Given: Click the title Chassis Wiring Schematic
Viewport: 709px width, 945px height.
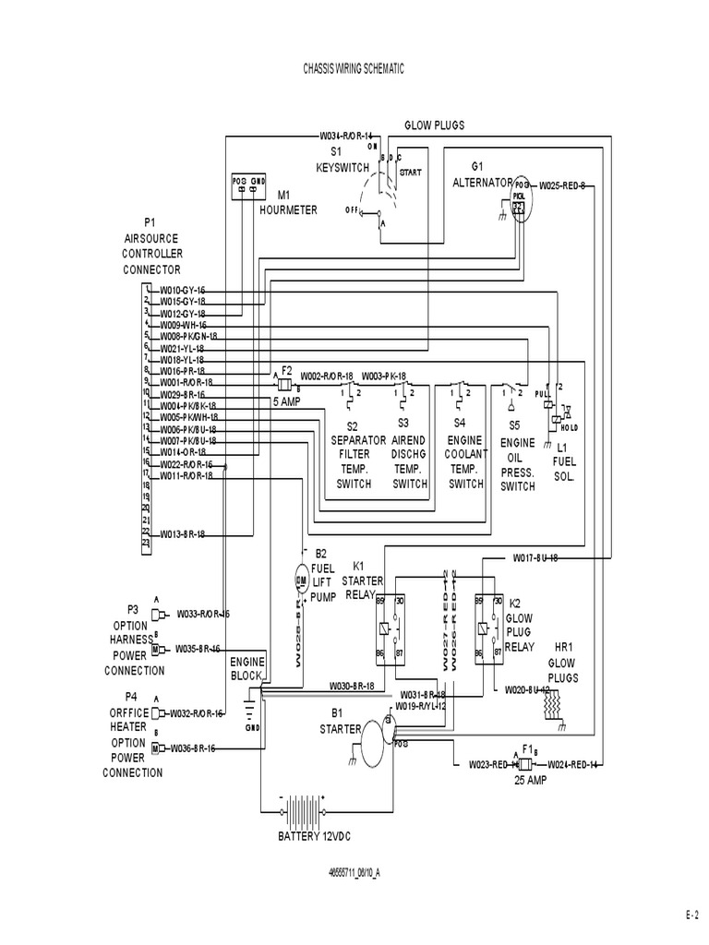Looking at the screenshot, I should (x=354, y=69).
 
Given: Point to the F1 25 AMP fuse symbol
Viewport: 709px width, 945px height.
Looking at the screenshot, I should (x=523, y=764).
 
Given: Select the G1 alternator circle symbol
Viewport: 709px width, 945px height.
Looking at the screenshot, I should (x=520, y=197).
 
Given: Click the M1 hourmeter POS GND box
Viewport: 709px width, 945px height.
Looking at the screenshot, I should (x=248, y=185).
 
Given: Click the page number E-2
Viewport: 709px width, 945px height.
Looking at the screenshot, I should (x=692, y=915).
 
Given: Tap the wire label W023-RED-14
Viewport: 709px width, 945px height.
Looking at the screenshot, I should (x=489, y=764).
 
